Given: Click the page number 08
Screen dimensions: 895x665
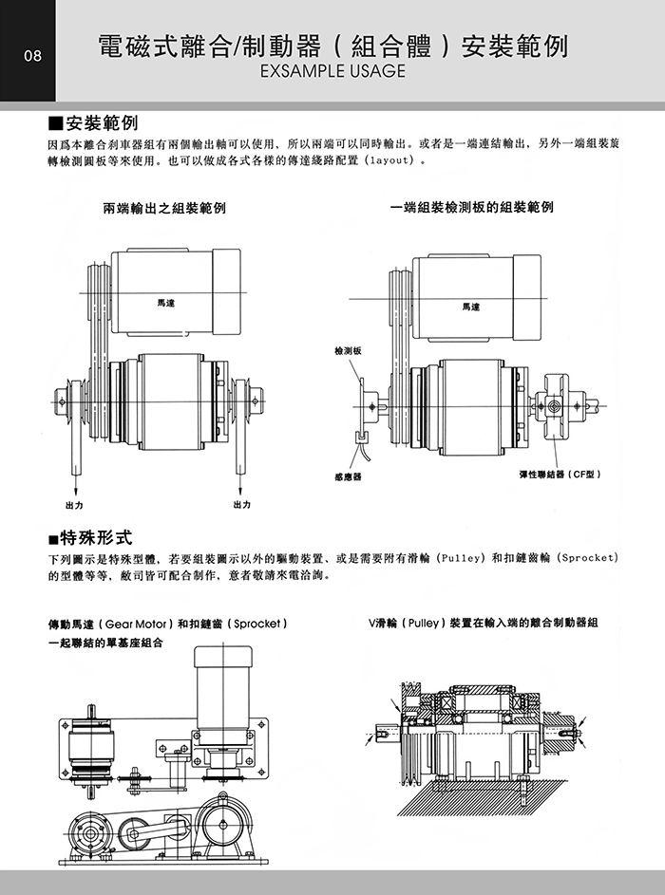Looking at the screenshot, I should [32, 56].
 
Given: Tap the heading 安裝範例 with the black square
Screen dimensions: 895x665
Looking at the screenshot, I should [94, 124].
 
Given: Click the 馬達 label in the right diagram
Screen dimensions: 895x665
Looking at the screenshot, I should [471, 307].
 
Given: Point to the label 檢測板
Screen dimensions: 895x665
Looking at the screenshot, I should [348, 350].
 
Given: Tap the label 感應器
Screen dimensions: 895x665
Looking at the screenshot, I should [348, 476].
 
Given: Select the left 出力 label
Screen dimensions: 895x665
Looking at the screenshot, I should [73, 504].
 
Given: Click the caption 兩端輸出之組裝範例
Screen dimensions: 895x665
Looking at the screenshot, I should [164, 206].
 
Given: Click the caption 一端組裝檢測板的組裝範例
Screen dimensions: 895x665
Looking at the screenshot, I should [471, 206].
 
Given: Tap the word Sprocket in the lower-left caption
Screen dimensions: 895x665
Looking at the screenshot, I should [255, 625].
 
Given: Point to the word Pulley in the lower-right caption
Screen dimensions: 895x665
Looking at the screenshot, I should [419, 624].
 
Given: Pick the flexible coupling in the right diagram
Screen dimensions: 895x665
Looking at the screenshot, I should [555, 406].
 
